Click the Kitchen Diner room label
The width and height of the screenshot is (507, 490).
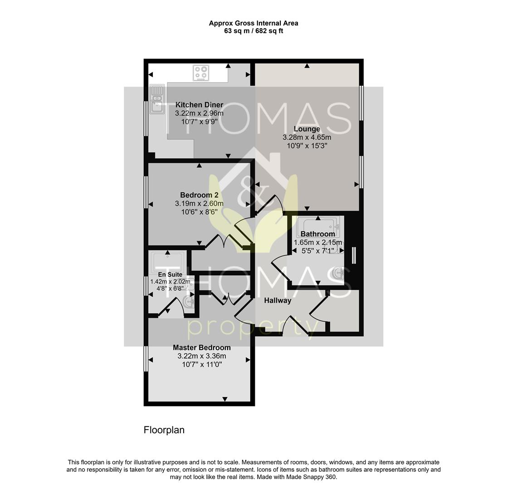point(199,105)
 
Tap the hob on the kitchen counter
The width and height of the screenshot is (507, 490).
point(201,73)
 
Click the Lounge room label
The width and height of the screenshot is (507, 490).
point(307,129)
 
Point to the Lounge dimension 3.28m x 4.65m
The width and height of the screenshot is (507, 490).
point(307,137)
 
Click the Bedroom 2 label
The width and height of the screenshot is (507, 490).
point(199,195)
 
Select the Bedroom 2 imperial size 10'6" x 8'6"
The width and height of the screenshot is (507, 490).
point(199,212)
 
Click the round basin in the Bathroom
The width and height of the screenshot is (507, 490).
point(338,273)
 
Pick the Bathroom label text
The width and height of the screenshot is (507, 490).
point(317,234)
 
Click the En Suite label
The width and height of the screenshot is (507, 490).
point(170,274)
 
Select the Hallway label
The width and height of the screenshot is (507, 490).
point(278,300)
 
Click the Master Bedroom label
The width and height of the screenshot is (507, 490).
point(201,348)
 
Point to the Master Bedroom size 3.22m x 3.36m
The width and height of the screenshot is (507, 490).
point(201,356)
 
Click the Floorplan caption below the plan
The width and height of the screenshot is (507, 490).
point(164,430)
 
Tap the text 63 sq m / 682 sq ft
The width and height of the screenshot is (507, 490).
point(253,31)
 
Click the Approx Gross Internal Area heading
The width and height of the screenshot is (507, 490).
point(253,23)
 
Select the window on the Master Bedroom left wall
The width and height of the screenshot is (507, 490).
point(146,359)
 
